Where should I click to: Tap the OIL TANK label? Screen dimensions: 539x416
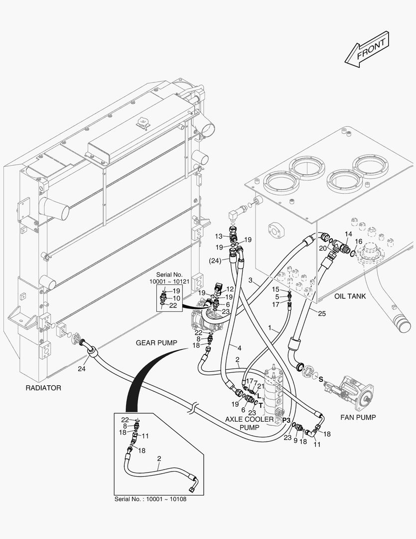pos(350,296)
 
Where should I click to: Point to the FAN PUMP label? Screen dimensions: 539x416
pos(358,417)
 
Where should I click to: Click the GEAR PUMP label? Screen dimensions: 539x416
pos(156,343)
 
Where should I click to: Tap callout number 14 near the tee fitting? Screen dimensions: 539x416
pos(348,234)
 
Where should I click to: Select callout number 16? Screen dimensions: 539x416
pos(358,242)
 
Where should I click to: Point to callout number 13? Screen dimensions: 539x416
pos(219,236)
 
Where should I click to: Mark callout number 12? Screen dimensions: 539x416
pos(230,289)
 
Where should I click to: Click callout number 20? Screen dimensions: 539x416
pos(322,248)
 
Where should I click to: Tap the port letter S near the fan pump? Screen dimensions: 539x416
pos(321,379)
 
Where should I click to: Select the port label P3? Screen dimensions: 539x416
pos(286,421)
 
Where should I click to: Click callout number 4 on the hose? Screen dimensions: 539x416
pos(239,348)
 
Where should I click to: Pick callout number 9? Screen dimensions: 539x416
pos(295,441)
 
